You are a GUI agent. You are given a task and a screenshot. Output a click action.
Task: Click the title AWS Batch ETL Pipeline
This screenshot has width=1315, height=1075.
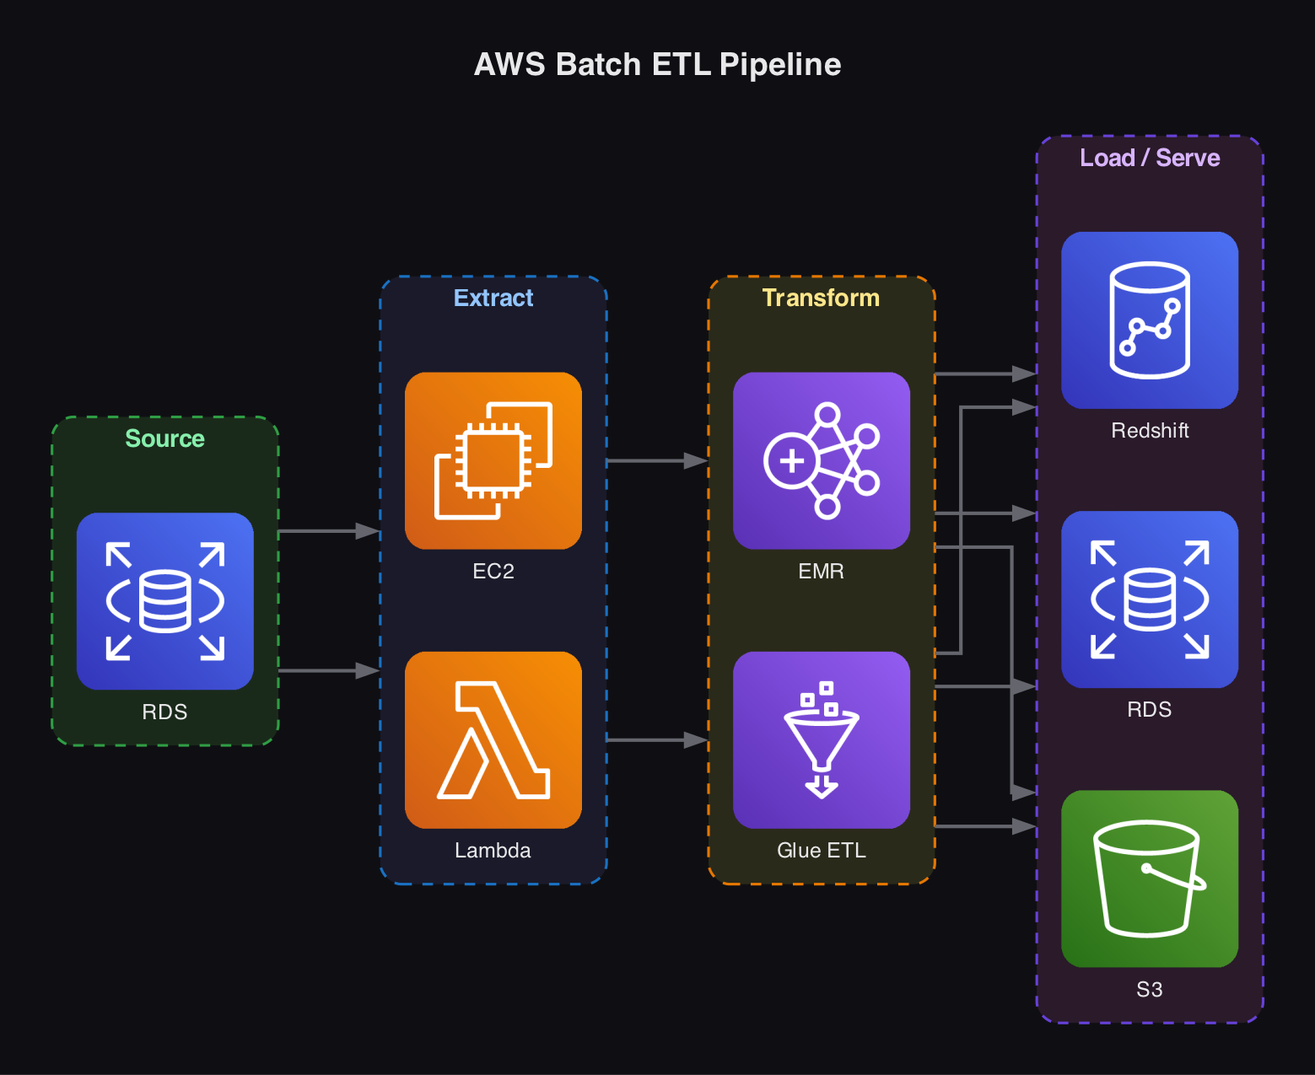[657, 65]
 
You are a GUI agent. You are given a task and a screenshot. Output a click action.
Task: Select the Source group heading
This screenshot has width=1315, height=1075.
[164, 438]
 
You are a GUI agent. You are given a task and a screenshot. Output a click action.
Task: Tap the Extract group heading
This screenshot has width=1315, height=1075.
[493, 298]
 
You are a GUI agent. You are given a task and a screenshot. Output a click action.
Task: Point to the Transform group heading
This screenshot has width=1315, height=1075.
[821, 298]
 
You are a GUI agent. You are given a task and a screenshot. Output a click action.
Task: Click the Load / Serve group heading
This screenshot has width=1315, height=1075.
[1150, 158]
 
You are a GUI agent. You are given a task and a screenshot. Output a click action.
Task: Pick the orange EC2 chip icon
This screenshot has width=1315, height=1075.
[493, 460]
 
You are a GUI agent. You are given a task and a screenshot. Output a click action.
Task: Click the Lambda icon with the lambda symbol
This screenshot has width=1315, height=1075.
[493, 739]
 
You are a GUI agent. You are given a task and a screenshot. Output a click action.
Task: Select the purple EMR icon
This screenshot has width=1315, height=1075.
[821, 460]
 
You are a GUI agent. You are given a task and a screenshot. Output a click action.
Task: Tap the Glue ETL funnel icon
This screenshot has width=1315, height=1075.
[821, 739]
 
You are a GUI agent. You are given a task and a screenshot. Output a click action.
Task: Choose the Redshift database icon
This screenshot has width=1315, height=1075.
[1150, 320]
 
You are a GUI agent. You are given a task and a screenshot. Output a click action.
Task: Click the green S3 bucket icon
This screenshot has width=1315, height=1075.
[1150, 879]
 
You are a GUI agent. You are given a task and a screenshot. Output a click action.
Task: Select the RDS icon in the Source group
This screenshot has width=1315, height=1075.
[164, 601]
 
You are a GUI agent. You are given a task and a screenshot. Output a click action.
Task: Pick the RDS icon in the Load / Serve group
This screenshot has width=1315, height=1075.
[1150, 599]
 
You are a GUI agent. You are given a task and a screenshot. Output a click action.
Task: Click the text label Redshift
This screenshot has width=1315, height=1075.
[1150, 431]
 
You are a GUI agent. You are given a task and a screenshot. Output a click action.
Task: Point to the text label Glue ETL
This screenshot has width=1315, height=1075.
[821, 850]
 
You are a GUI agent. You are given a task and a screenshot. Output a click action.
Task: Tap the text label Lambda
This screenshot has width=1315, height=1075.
[493, 850]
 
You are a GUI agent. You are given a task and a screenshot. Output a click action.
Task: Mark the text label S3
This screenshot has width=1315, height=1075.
[1150, 989]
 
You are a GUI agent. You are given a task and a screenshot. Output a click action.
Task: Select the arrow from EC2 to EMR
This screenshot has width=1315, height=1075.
[656, 461]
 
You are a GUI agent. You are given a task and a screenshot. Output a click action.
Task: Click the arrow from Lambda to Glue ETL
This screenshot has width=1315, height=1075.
[656, 740]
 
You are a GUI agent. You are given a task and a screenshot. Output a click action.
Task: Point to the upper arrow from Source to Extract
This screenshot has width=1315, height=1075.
[329, 531]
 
